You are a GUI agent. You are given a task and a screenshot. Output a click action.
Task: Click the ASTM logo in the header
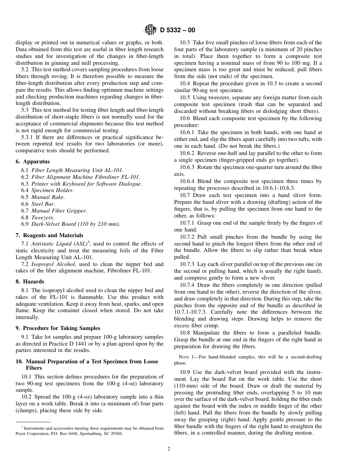click(151, 30)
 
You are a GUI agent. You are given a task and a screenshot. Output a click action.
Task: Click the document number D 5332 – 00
click(178, 30)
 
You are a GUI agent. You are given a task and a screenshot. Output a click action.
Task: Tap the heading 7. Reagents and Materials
click(49, 235)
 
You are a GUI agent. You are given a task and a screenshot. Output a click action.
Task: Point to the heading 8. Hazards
click(30, 281)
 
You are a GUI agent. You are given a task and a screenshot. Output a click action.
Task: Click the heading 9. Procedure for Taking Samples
click(58, 328)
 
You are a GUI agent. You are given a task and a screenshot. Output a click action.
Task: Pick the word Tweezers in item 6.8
click(42, 217)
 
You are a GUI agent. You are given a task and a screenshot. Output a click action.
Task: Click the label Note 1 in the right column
click(186, 357)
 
